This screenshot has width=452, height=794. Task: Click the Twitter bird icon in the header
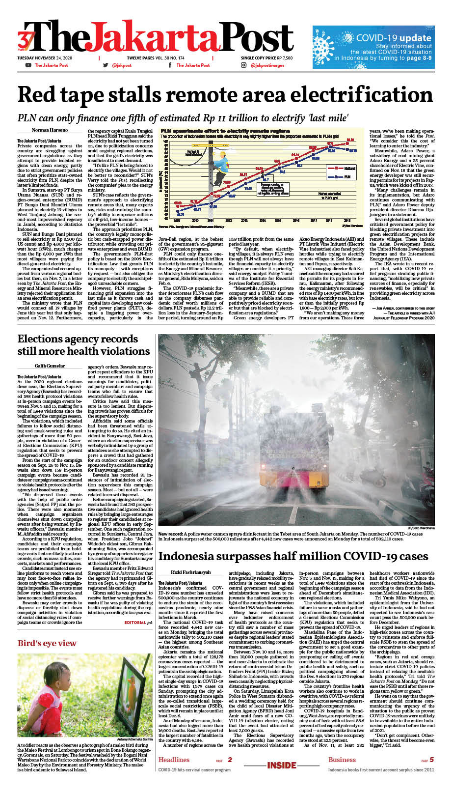pos(106,65)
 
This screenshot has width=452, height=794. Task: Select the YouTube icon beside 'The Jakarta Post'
pos(28,65)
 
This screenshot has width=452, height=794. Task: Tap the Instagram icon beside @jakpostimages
pos(243,65)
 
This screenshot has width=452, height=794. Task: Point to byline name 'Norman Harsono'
pos(50,130)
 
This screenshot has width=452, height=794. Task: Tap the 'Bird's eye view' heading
pos(47,643)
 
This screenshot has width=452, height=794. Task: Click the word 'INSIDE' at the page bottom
pos(282,765)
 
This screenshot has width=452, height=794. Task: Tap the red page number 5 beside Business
pos(431,760)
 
